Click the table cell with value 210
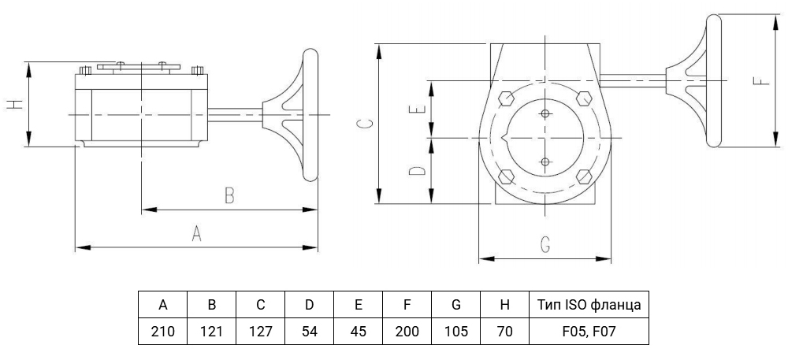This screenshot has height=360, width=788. [163, 332]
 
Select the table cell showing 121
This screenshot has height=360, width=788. [211, 332]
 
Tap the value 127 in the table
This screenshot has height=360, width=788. [260, 332]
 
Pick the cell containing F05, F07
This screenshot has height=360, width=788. [589, 332]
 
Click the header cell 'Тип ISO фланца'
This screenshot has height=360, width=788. [589, 305]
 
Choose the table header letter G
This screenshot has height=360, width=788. [455, 305]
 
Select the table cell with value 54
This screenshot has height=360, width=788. [309, 332]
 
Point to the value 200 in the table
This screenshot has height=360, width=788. [407, 332]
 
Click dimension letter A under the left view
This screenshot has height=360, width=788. [196, 233]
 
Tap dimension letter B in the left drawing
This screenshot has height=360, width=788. [229, 195]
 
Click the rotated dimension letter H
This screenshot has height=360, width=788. [16, 104]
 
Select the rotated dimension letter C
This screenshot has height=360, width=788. [367, 124]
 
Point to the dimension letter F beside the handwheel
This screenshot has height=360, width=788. [763, 80]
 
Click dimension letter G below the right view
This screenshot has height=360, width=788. [545, 244]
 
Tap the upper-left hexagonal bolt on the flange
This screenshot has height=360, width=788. [506, 98]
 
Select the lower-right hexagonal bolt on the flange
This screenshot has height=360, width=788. [584, 176]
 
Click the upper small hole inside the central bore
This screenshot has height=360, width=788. [545, 114]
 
